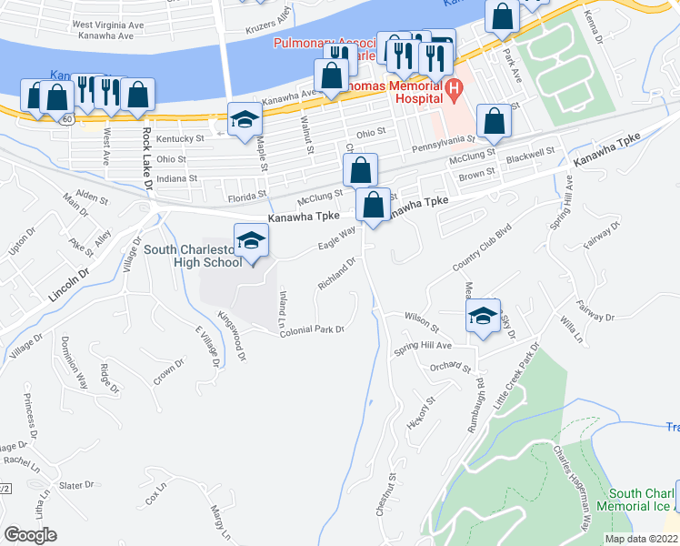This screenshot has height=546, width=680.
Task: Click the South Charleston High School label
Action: (x=193, y=256)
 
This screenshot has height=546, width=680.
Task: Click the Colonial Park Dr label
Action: (x=312, y=329)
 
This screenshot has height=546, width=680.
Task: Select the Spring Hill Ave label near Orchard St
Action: (x=423, y=346)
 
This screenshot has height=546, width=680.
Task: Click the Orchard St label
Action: (x=451, y=368)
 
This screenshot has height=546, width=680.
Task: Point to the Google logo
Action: (x=30, y=534)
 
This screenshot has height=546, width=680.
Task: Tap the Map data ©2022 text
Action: (x=642, y=539)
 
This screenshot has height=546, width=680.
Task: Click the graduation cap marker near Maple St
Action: (x=244, y=119)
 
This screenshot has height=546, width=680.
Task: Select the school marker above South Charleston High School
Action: (x=251, y=240)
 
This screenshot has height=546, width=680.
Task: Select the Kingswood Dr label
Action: (x=232, y=337)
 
